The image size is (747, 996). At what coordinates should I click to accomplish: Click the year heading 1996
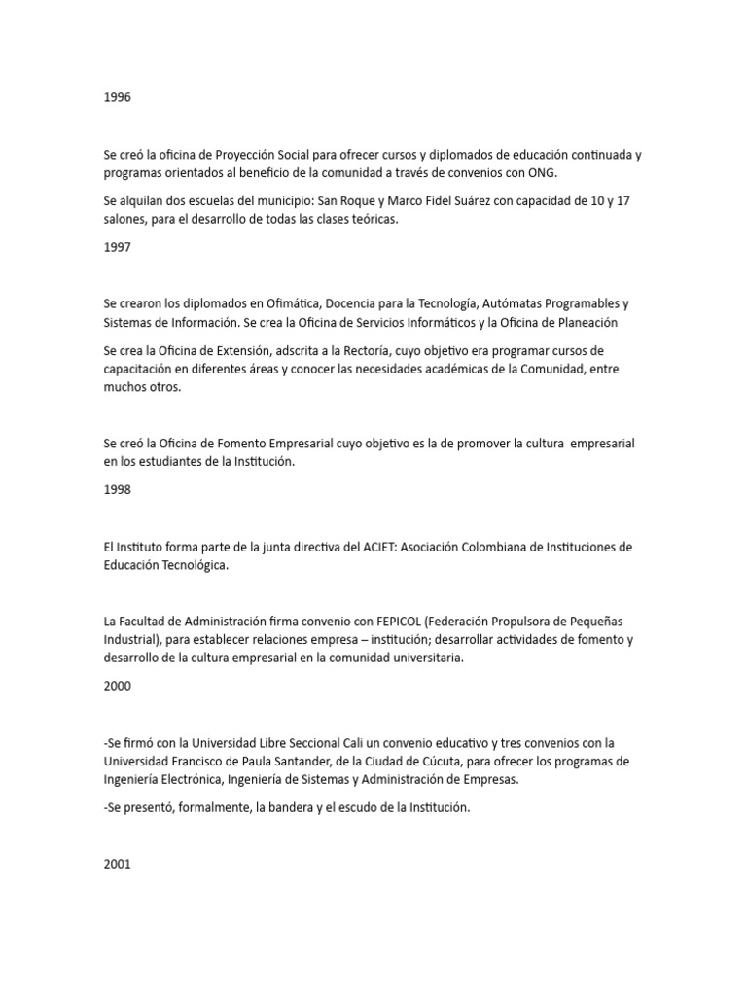click(x=117, y=98)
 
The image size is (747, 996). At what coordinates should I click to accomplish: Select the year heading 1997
click(x=117, y=247)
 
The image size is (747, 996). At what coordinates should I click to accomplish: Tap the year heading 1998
click(x=117, y=489)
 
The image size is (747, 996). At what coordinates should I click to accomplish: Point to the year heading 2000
click(x=117, y=685)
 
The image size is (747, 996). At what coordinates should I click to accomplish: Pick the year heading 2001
click(x=117, y=863)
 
